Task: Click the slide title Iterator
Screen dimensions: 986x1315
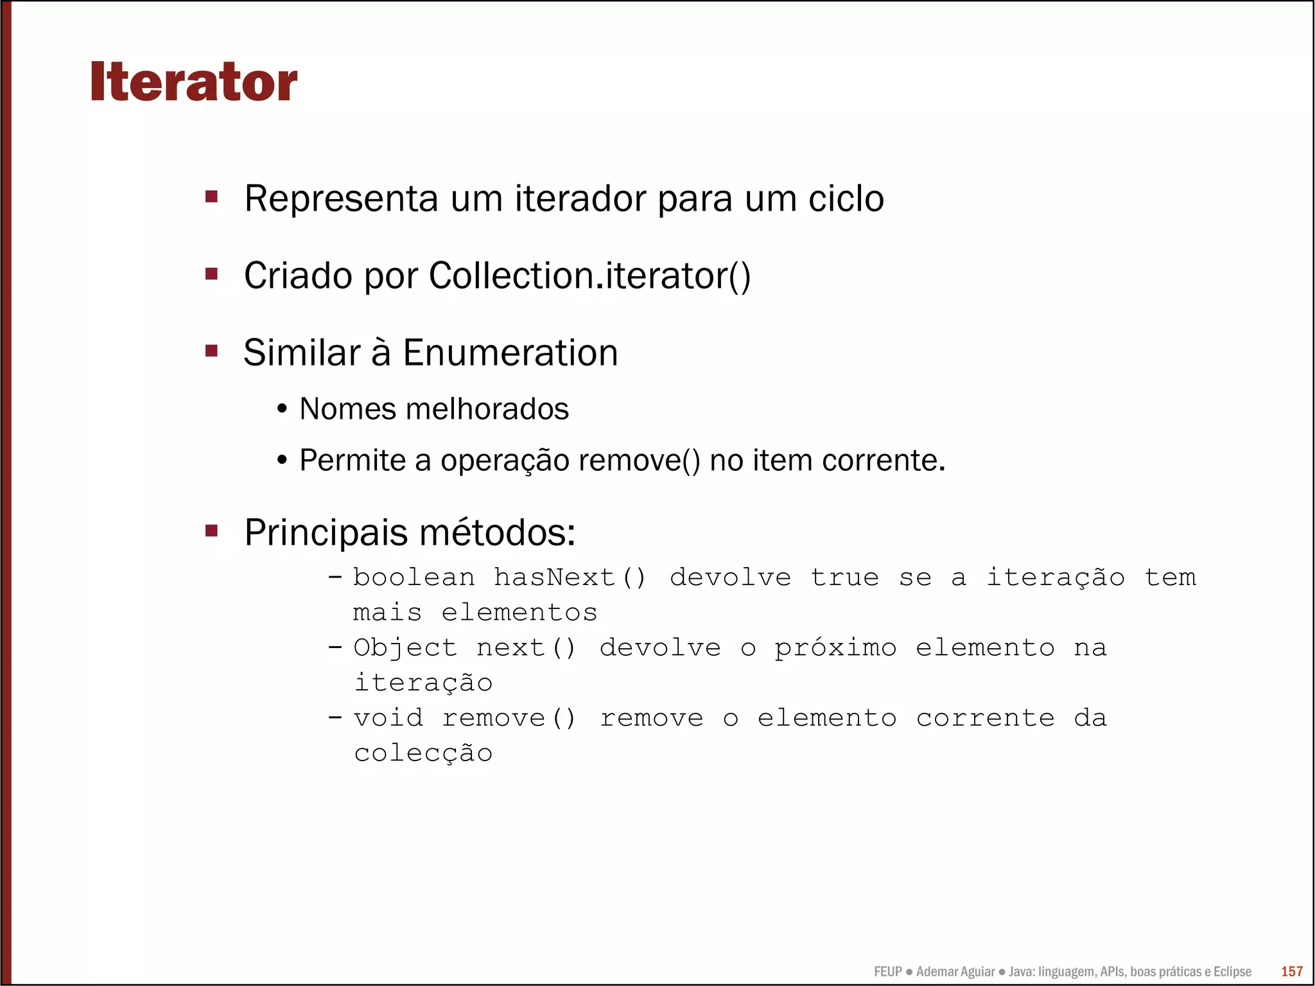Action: coord(193,82)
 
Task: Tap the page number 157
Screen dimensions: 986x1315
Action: coord(1292,971)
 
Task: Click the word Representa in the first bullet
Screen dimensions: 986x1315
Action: coord(341,198)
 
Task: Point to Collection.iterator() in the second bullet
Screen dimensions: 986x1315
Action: coord(589,276)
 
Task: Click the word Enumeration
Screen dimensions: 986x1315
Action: coord(510,353)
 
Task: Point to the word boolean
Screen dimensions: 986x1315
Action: coord(414,577)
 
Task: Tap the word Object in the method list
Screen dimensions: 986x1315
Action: coord(405,647)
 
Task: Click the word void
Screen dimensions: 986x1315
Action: coord(388,717)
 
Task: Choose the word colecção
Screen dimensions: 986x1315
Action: coord(423,753)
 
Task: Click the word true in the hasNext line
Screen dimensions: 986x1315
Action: coord(844,577)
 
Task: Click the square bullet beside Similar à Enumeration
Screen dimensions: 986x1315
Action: coord(211,351)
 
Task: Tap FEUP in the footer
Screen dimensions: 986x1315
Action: coord(887,972)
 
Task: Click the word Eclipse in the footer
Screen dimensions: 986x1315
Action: coord(1232,972)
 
